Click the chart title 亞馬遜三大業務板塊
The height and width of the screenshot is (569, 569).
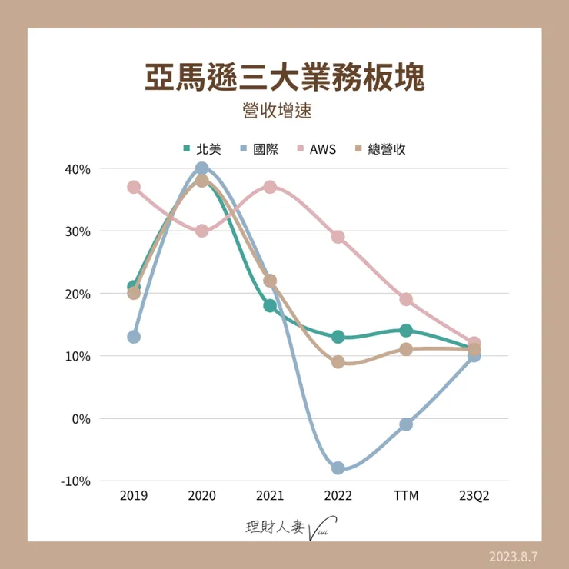pyautogui.click(x=284, y=78)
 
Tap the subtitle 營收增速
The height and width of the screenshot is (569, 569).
pyautogui.click(x=284, y=110)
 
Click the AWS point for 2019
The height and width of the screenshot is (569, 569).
pyautogui.click(x=134, y=187)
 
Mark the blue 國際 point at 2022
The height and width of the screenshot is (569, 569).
pyautogui.click(x=338, y=468)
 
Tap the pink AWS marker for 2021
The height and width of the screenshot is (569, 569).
pyautogui.click(x=270, y=187)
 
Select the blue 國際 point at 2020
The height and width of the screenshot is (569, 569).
pyautogui.click(x=201, y=168)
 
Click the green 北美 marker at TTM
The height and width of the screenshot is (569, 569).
pyautogui.click(x=406, y=331)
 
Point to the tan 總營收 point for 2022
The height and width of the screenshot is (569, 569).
pyautogui.click(x=338, y=362)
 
